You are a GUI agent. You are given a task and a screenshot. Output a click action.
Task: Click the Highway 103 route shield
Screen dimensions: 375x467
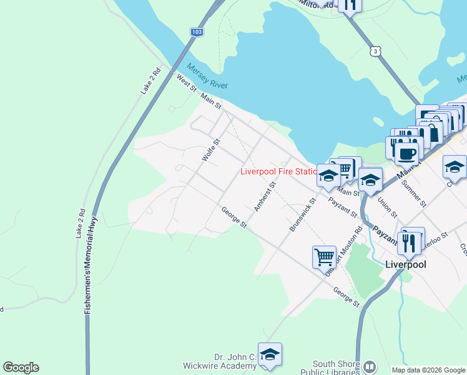click(197, 32)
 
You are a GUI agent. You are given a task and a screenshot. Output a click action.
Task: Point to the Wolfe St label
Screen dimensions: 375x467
click(209, 151)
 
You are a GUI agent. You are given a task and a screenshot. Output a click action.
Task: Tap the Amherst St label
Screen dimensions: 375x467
click(265, 195)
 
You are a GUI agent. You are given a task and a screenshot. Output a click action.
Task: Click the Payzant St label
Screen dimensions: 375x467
click(343, 209)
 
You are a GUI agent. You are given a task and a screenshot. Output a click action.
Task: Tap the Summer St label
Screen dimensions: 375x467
click(414, 194)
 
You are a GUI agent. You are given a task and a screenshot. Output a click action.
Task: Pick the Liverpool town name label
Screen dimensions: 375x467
click(406, 264)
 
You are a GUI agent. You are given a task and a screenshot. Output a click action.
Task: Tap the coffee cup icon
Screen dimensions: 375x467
click(406, 153)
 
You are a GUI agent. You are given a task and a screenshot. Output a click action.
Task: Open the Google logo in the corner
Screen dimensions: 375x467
click(21, 367)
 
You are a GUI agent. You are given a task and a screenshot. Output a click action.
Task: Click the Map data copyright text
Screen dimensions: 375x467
click(428, 370)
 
